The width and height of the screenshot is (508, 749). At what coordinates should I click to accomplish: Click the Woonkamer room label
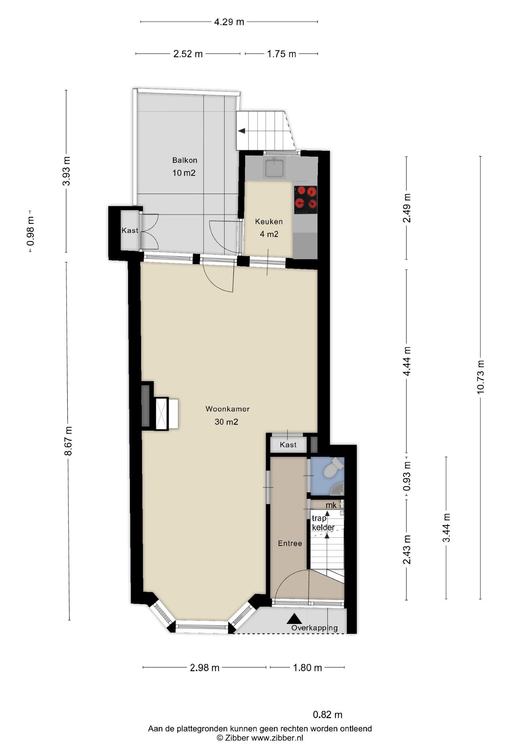[x=227, y=409]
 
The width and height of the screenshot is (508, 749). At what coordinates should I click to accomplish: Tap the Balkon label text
[x=185, y=160]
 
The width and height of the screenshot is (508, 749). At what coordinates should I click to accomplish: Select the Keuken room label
[x=269, y=222]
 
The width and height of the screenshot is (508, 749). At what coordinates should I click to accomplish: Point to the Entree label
[x=290, y=543]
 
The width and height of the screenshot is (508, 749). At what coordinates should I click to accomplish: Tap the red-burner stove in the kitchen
[x=305, y=200]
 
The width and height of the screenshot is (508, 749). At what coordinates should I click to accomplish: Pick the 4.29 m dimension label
[x=229, y=22]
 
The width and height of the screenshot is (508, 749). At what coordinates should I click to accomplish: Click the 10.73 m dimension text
[x=480, y=377]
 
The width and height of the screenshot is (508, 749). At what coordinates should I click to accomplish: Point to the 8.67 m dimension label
[x=68, y=441]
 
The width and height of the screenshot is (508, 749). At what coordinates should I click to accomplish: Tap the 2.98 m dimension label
[x=204, y=668]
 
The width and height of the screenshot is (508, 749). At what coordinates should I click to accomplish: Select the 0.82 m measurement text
[x=327, y=715]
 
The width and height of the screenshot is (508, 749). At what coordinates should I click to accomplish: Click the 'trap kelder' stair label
[x=323, y=523]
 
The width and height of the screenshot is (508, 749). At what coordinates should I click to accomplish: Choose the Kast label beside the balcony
[x=130, y=230]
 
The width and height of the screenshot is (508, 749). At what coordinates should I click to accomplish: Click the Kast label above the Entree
[x=288, y=445]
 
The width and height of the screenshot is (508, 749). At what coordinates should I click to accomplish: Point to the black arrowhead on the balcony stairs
[x=242, y=131]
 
